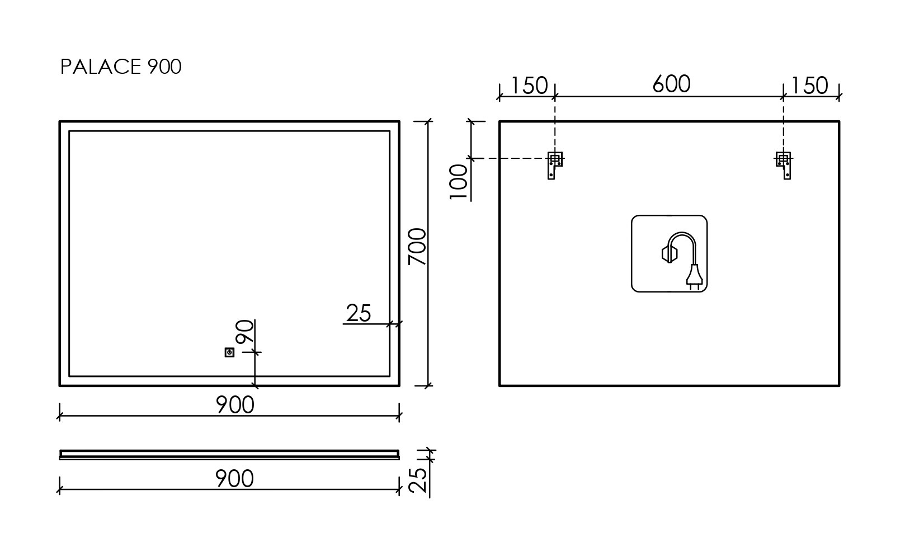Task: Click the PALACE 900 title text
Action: (121, 67)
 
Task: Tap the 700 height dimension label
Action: (418, 247)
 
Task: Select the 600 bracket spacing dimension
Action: (671, 84)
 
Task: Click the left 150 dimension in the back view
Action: (529, 86)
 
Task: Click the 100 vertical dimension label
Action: (459, 181)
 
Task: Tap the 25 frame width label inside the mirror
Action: (359, 314)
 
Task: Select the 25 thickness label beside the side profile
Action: (418, 479)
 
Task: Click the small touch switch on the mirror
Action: (229, 352)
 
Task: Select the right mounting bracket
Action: (784, 165)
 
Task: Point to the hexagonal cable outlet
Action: (669, 254)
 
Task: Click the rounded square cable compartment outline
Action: (633, 253)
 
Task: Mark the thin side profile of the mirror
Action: (229, 454)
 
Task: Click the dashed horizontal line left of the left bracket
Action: (509, 159)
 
